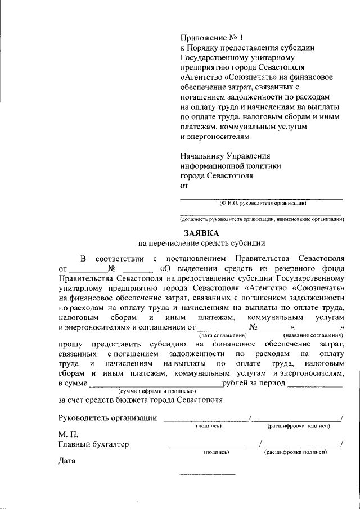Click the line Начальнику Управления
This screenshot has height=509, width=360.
point(225,156)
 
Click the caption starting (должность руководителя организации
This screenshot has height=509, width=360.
point(262,219)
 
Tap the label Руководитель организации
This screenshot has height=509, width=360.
point(107,417)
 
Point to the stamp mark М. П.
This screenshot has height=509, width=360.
point(67,435)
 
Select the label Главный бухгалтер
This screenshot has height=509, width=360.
point(93,444)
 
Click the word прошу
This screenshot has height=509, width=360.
point(70,344)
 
